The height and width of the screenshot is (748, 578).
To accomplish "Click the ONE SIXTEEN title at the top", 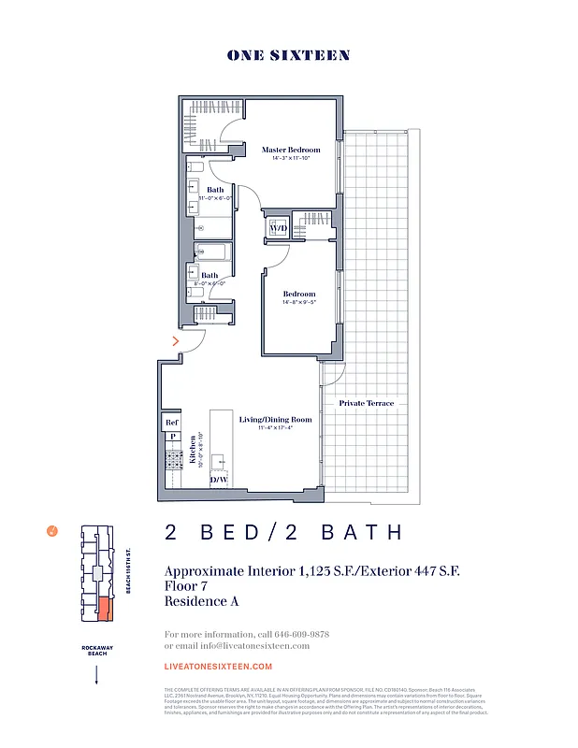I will (288, 55).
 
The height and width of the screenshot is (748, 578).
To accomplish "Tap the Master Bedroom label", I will (291, 150).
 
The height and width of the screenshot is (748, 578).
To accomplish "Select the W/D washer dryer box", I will (279, 227).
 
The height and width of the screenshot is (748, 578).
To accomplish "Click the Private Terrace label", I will (368, 403).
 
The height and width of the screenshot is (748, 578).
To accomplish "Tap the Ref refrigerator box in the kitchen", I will (172, 423).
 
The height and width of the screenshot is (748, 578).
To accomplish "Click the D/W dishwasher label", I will (219, 480).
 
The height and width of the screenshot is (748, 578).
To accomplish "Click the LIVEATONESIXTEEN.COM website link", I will (218, 667).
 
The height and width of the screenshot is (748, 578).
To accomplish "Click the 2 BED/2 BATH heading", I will (283, 533).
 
